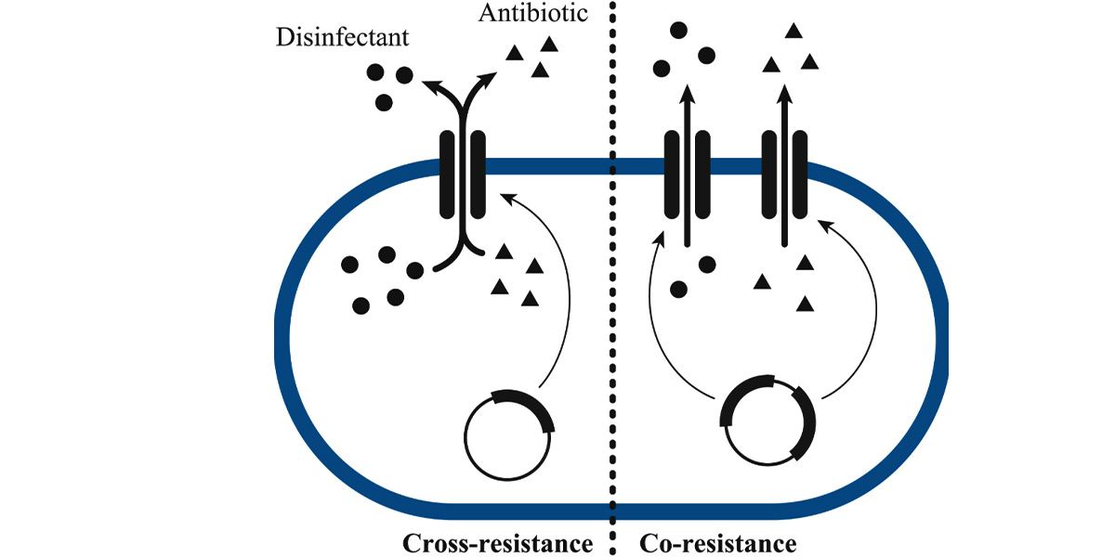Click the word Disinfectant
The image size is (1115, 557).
tap(343, 37)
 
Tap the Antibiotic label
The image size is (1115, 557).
tap(533, 12)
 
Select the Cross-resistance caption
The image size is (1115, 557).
tap(497, 543)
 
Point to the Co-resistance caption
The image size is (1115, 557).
tap(717, 543)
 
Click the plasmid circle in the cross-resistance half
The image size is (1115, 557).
tap(465, 437)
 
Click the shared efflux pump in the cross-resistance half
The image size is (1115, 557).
tap(463, 175)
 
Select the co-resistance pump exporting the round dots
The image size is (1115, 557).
tap(687, 175)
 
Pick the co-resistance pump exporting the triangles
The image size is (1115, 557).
tap(784, 175)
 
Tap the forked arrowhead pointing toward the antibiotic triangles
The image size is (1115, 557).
tap(488, 81)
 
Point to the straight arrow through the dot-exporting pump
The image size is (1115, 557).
tap(688, 165)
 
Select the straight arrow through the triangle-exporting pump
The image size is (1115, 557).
tap(785, 165)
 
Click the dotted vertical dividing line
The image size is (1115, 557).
tap(612, 278)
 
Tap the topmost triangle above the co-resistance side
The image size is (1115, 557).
tap(794, 32)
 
